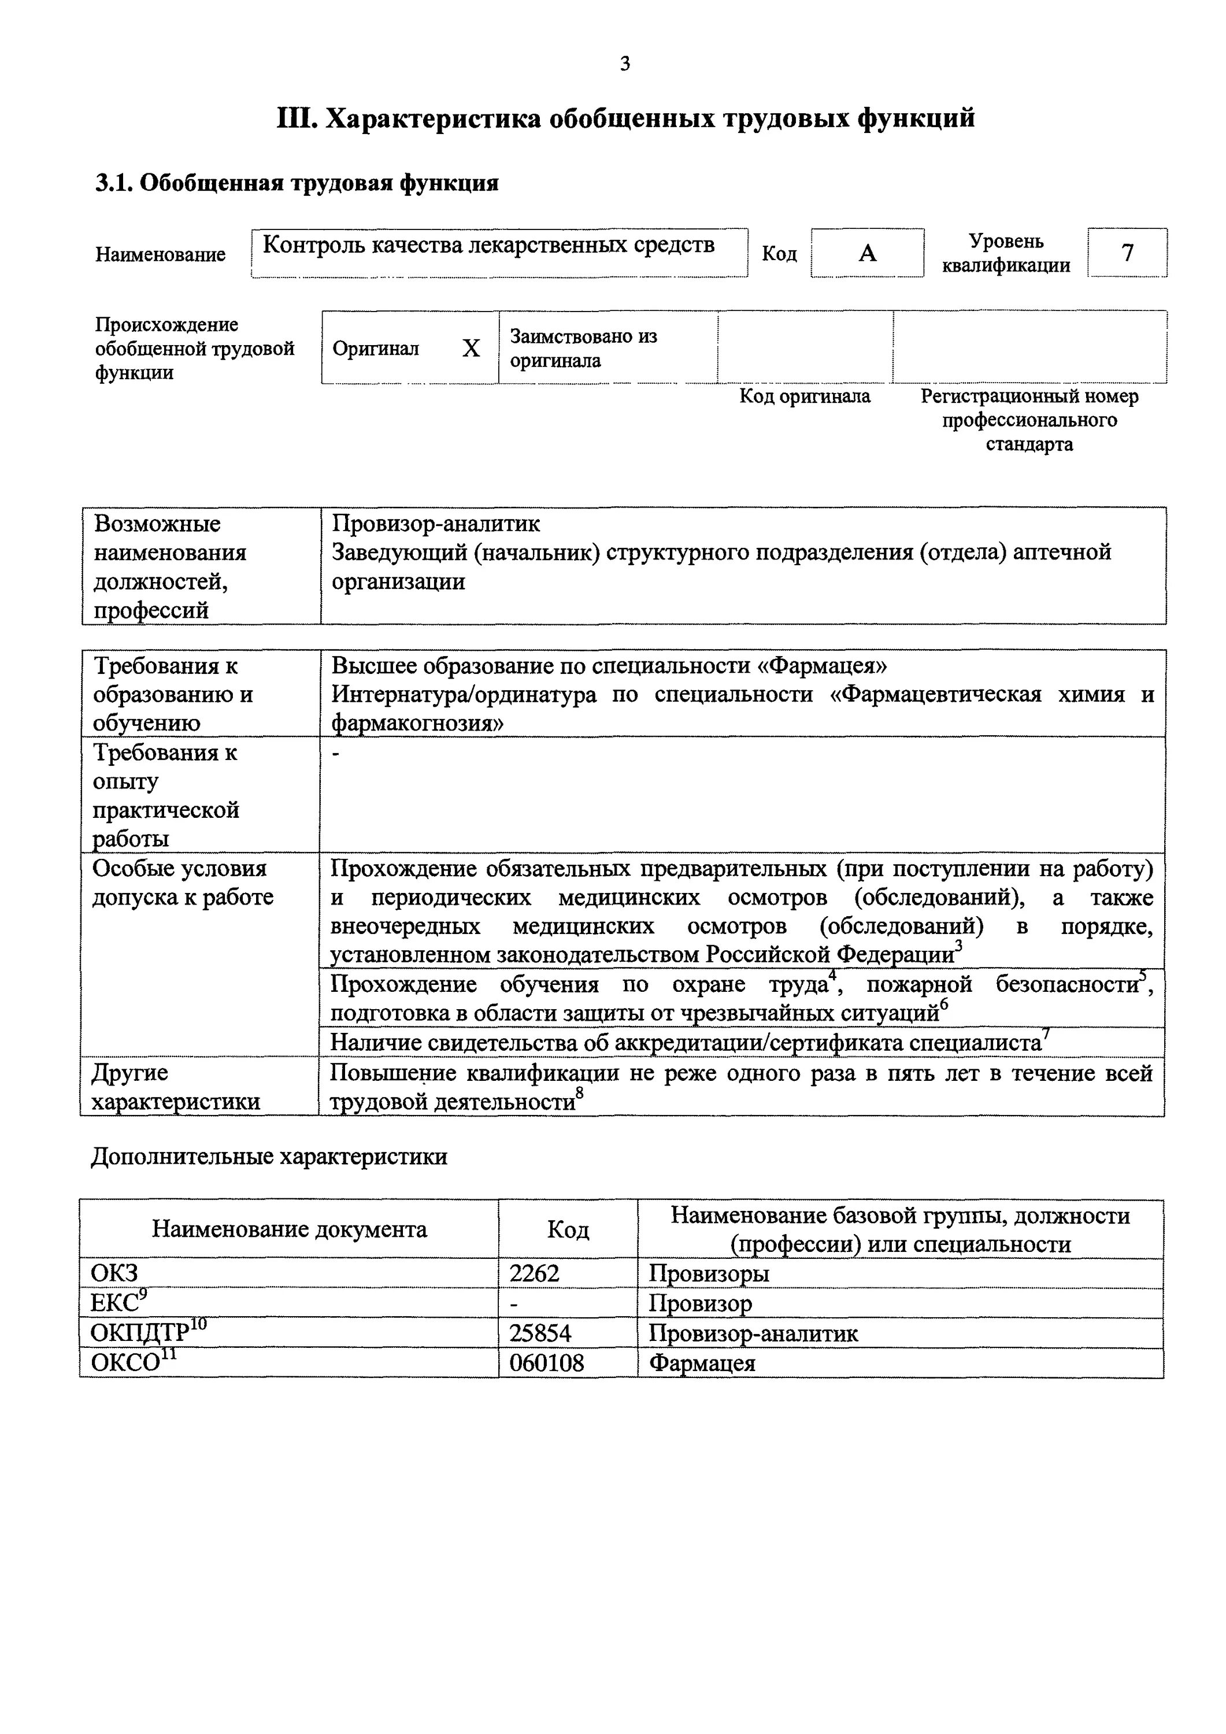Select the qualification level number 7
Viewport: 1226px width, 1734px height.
point(1127,252)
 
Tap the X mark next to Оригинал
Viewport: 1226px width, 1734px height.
point(471,348)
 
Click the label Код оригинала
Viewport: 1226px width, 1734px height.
point(805,396)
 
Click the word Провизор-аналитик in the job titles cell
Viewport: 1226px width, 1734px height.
point(436,523)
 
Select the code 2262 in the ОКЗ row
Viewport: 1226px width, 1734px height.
point(534,1273)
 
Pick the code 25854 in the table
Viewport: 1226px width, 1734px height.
point(539,1333)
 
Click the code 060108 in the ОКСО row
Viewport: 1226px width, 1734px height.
point(546,1363)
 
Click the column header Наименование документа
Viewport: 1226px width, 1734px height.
point(290,1229)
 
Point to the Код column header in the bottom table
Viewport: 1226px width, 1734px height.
point(567,1230)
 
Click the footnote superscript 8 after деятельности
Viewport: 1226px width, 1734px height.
point(579,1094)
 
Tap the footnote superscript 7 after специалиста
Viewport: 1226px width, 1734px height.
point(1046,1034)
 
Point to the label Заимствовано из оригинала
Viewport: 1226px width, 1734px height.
point(583,348)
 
